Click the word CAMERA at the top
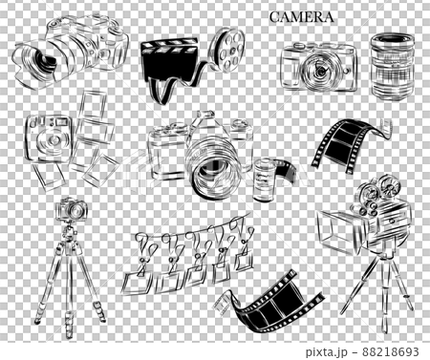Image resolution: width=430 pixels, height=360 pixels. pos(301,17)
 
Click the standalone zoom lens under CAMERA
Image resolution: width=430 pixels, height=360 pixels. pos(393,66)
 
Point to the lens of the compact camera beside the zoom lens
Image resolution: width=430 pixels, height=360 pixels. pos(318,70)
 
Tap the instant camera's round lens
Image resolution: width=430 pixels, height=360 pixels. pos(52,141)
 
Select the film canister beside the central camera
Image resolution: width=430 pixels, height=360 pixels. pos(264,180)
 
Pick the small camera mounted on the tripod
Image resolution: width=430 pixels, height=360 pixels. pos(72,209)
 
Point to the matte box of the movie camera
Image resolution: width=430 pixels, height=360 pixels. pos(340,232)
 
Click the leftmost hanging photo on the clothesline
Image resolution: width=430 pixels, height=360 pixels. pos(138,283)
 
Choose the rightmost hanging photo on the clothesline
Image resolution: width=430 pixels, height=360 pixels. pos(244,260)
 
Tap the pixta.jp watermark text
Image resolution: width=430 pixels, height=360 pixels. pos(326,351)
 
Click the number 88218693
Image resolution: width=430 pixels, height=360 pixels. pos(390,351)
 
